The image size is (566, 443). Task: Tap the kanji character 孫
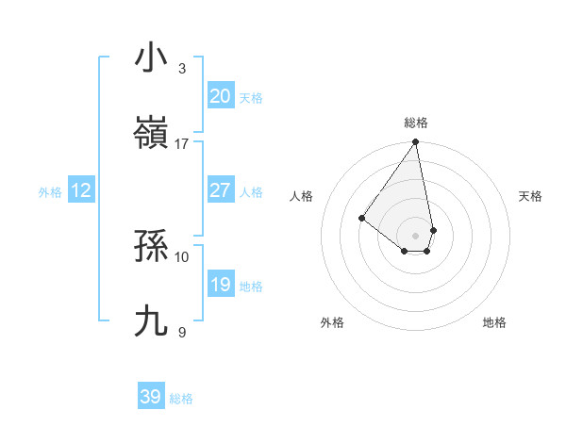tap(151, 247)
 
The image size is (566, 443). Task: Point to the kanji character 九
tap(151, 321)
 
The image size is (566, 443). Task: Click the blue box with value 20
tap(220, 96)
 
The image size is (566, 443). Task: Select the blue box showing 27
tap(220, 190)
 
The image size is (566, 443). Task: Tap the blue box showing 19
tap(220, 285)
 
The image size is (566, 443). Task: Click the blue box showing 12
tap(81, 190)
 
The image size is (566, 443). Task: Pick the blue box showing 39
tap(151, 397)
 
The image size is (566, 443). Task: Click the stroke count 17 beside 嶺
tap(182, 144)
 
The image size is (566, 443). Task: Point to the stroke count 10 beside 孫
tap(182, 256)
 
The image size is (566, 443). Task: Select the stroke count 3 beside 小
tap(182, 68)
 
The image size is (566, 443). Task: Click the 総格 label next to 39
tap(181, 399)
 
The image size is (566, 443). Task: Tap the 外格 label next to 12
tap(50, 192)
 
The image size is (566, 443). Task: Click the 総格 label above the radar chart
tap(415, 123)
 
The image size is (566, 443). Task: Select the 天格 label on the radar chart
tap(530, 196)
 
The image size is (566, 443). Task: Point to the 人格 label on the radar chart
tap(302, 196)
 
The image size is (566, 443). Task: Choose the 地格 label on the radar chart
tap(494, 322)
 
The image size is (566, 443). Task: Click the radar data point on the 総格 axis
tap(415, 142)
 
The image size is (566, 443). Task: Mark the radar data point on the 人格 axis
tap(361, 218)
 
